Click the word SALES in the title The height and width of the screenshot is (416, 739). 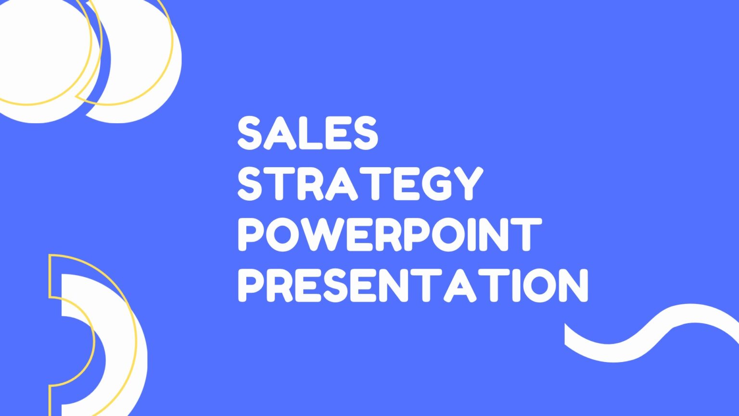pyautogui.click(x=308, y=133)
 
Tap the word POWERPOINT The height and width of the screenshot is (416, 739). pyautogui.click(x=390, y=234)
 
